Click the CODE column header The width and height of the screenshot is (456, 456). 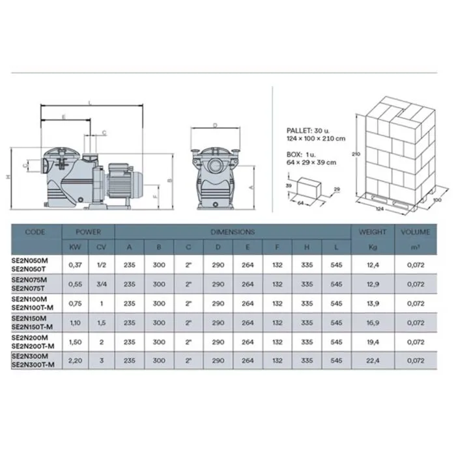click(35, 232)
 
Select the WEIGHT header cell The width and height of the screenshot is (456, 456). click(373, 232)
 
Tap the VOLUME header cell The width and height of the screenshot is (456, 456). click(416, 232)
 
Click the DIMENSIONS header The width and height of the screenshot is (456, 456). click(233, 232)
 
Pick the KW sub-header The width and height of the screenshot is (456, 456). click(75, 247)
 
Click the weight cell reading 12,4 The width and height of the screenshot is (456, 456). click(373, 265)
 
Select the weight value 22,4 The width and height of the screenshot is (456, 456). click(373, 361)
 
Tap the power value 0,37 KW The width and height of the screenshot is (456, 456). click(75, 265)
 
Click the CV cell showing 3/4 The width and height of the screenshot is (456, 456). click(102, 284)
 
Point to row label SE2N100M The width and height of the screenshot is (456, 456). click(29, 299)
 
